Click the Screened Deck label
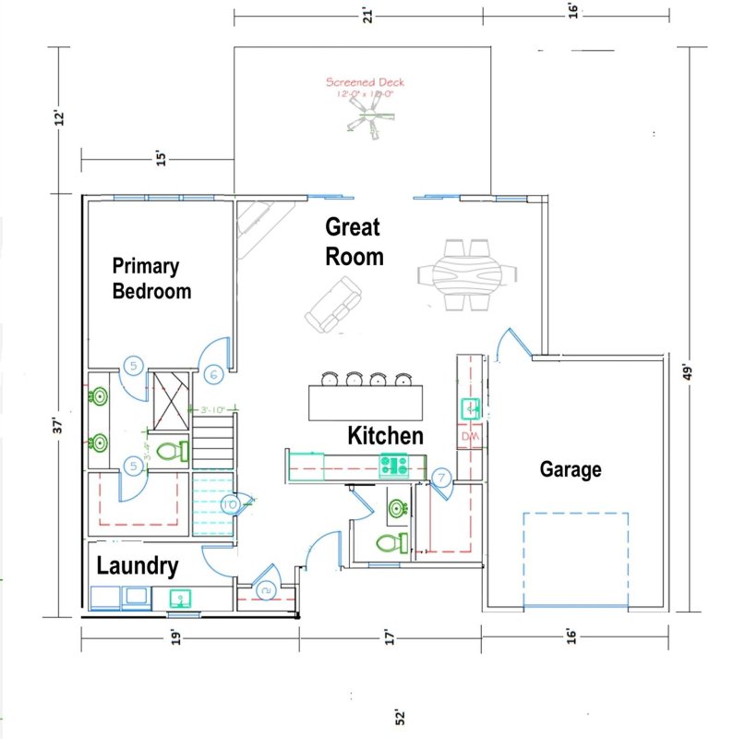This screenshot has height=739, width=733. point(366,87)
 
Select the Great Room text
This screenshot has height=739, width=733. point(354,241)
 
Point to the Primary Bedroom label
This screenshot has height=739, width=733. point(150,278)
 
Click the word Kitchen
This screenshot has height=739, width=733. point(385,435)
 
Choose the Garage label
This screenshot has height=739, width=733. point(570,469)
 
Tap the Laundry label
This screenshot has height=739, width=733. point(137,565)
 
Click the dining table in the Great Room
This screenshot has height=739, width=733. point(469,274)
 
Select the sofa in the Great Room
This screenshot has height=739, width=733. point(333,308)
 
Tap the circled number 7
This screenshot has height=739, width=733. point(442,478)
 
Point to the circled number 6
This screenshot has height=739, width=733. point(213,374)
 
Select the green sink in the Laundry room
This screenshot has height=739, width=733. point(179,598)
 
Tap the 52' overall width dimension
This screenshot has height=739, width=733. point(400,717)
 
